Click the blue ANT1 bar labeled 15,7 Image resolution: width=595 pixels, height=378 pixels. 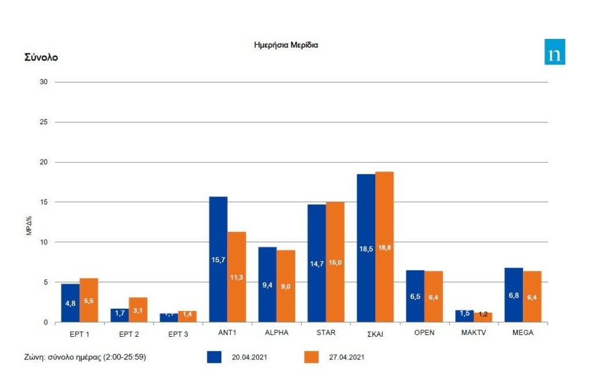218,259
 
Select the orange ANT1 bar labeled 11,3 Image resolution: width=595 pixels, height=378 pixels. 236,277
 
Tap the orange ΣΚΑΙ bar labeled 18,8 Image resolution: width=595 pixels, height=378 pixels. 384,247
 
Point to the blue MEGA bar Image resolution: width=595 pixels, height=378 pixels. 514,295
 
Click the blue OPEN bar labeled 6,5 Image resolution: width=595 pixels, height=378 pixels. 415,296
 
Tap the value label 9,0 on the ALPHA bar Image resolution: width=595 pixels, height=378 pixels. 286,286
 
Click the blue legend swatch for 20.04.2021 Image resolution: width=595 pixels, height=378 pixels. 214,357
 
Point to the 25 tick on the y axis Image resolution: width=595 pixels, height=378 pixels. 44,122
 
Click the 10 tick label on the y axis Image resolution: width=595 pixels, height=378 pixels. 44,242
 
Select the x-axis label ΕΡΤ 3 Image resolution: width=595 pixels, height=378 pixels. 178,333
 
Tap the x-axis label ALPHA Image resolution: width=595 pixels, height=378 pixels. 277,333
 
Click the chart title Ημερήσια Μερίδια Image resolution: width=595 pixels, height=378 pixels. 286,45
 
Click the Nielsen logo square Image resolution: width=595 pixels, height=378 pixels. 554,52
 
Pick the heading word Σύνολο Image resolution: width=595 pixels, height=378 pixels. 41,57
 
